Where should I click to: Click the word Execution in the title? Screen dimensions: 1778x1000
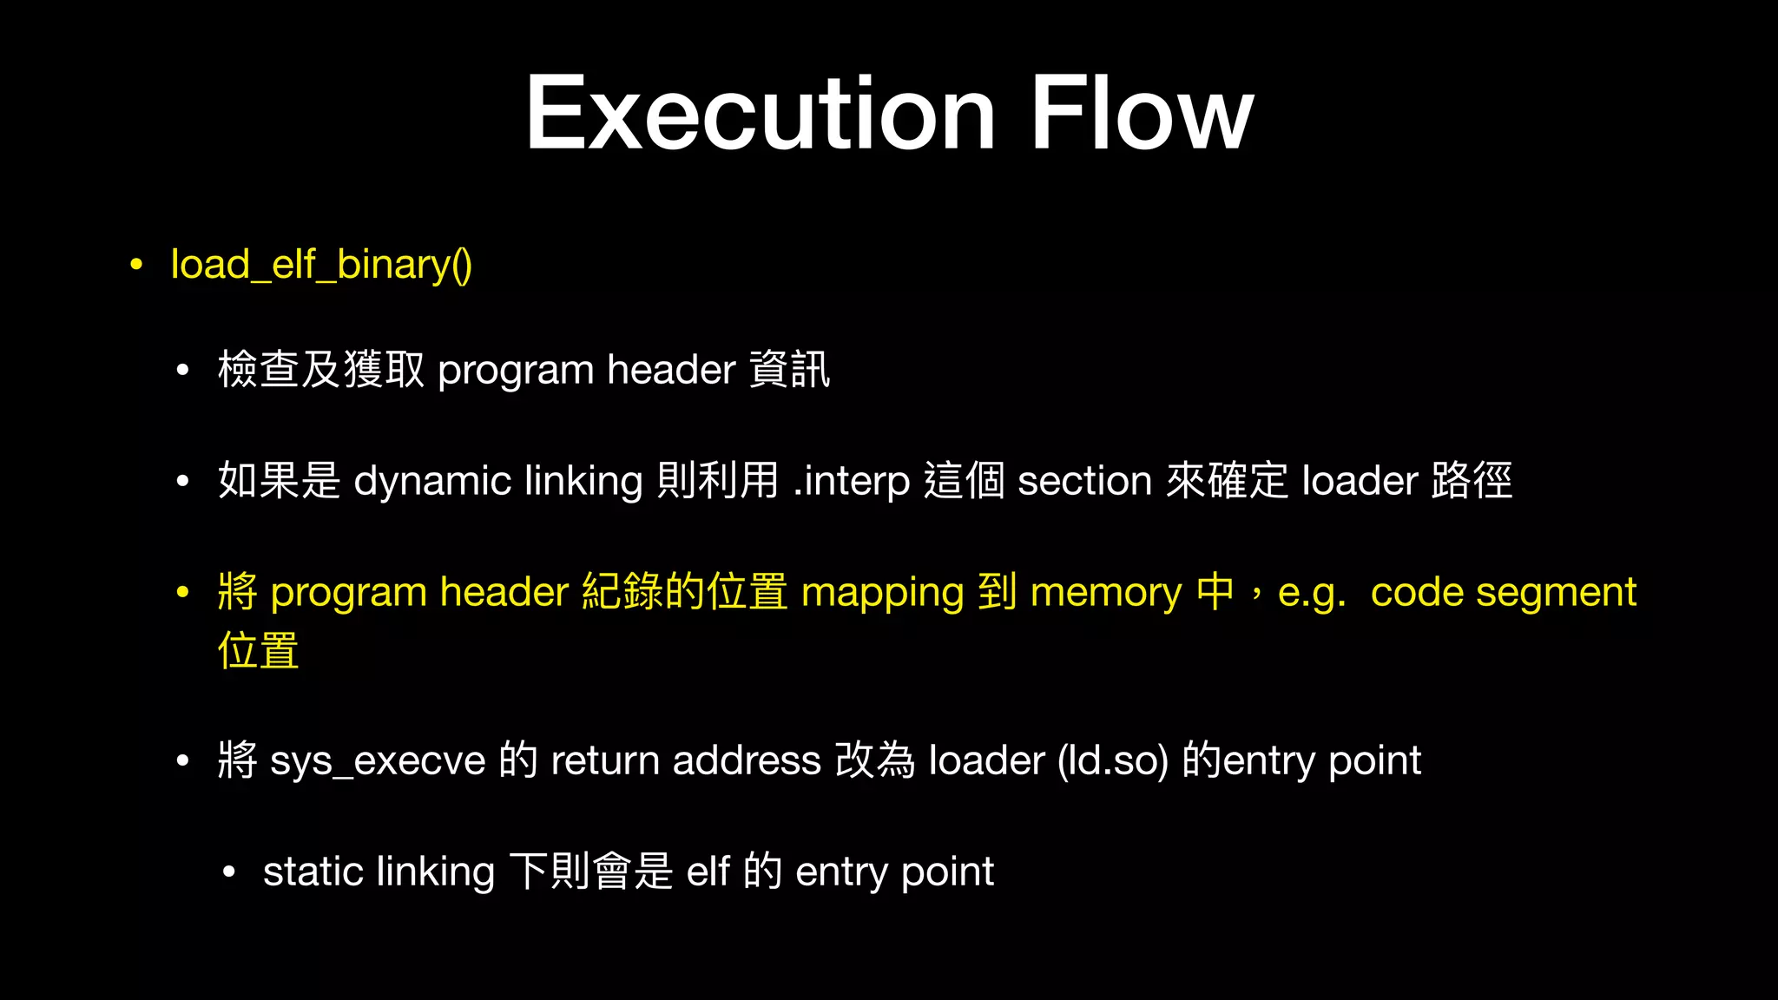click(x=761, y=115)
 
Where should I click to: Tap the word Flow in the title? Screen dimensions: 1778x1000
click(x=1142, y=115)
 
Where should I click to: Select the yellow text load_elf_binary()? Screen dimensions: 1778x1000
click(x=321, y=265)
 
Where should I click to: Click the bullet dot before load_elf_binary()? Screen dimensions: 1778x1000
click(x=136, y=265)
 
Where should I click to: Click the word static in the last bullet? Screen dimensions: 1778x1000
click(x=313, y=872)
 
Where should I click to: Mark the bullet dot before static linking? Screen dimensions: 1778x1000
click(x=228, y=872)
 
